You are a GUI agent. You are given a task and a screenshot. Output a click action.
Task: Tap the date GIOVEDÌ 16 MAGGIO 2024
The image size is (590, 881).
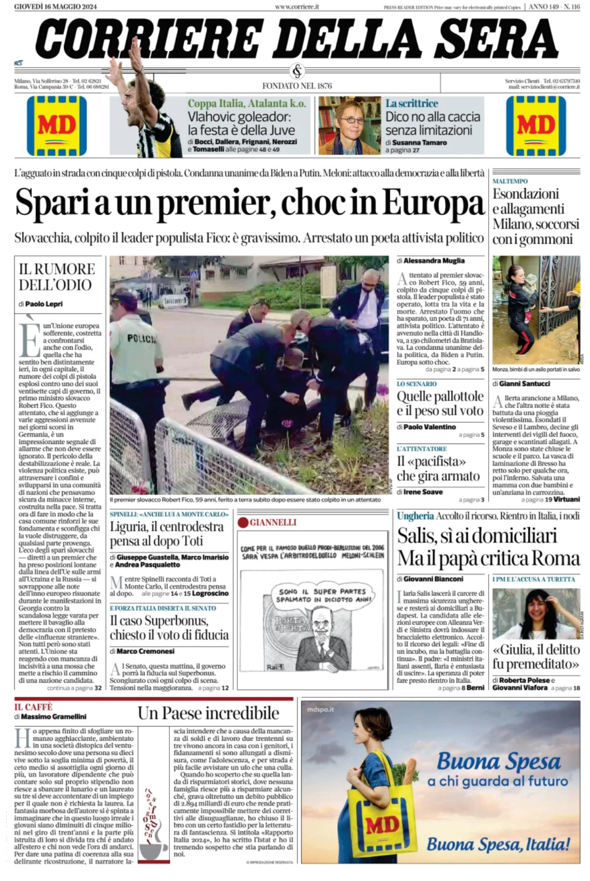[55, 7]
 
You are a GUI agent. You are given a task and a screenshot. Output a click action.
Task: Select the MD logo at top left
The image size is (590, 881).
[56, 126]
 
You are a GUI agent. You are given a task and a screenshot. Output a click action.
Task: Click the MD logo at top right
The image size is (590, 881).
[536, 126]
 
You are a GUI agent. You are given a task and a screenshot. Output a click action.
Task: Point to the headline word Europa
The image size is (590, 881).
[433, 203]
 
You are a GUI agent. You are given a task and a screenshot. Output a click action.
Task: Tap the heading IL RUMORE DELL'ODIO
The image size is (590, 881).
[56, 277]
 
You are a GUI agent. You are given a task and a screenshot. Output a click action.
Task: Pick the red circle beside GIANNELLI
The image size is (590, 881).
[243, 522]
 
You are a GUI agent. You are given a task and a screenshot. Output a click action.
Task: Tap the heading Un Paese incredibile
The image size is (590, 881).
[208, 713]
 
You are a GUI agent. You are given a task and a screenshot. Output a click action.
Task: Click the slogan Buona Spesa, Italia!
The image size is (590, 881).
[498, 844]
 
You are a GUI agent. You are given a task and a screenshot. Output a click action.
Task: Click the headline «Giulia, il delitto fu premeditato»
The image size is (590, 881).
[536, 656]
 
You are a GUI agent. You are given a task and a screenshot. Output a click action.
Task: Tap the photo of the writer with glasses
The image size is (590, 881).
[349, 126]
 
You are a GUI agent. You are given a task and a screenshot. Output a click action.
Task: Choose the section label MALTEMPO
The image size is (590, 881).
[510, 181]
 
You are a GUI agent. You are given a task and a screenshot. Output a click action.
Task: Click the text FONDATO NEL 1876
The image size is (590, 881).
[297, 86]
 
